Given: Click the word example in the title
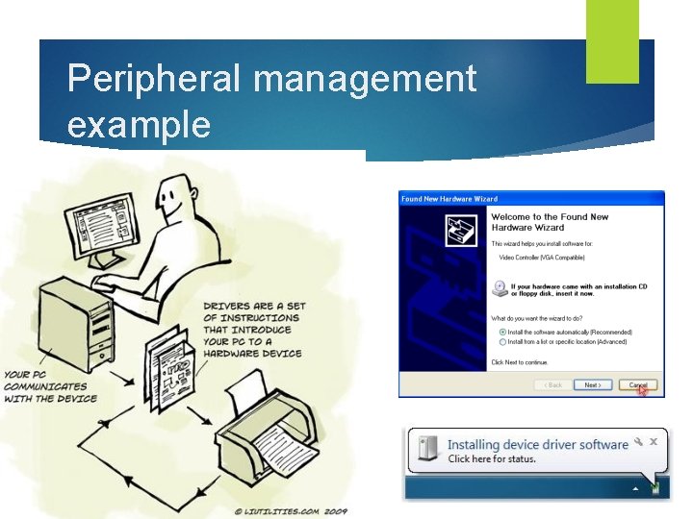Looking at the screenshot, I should point(139,125).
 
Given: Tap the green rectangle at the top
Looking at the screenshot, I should point(612,40).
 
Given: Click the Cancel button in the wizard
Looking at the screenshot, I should point(638,384).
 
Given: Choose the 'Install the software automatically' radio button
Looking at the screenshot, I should point(503,332).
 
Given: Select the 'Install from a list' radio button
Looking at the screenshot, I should point(503,341).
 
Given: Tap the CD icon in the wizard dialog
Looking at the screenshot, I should point(500,287).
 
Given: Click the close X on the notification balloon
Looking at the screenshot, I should point(653,441).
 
